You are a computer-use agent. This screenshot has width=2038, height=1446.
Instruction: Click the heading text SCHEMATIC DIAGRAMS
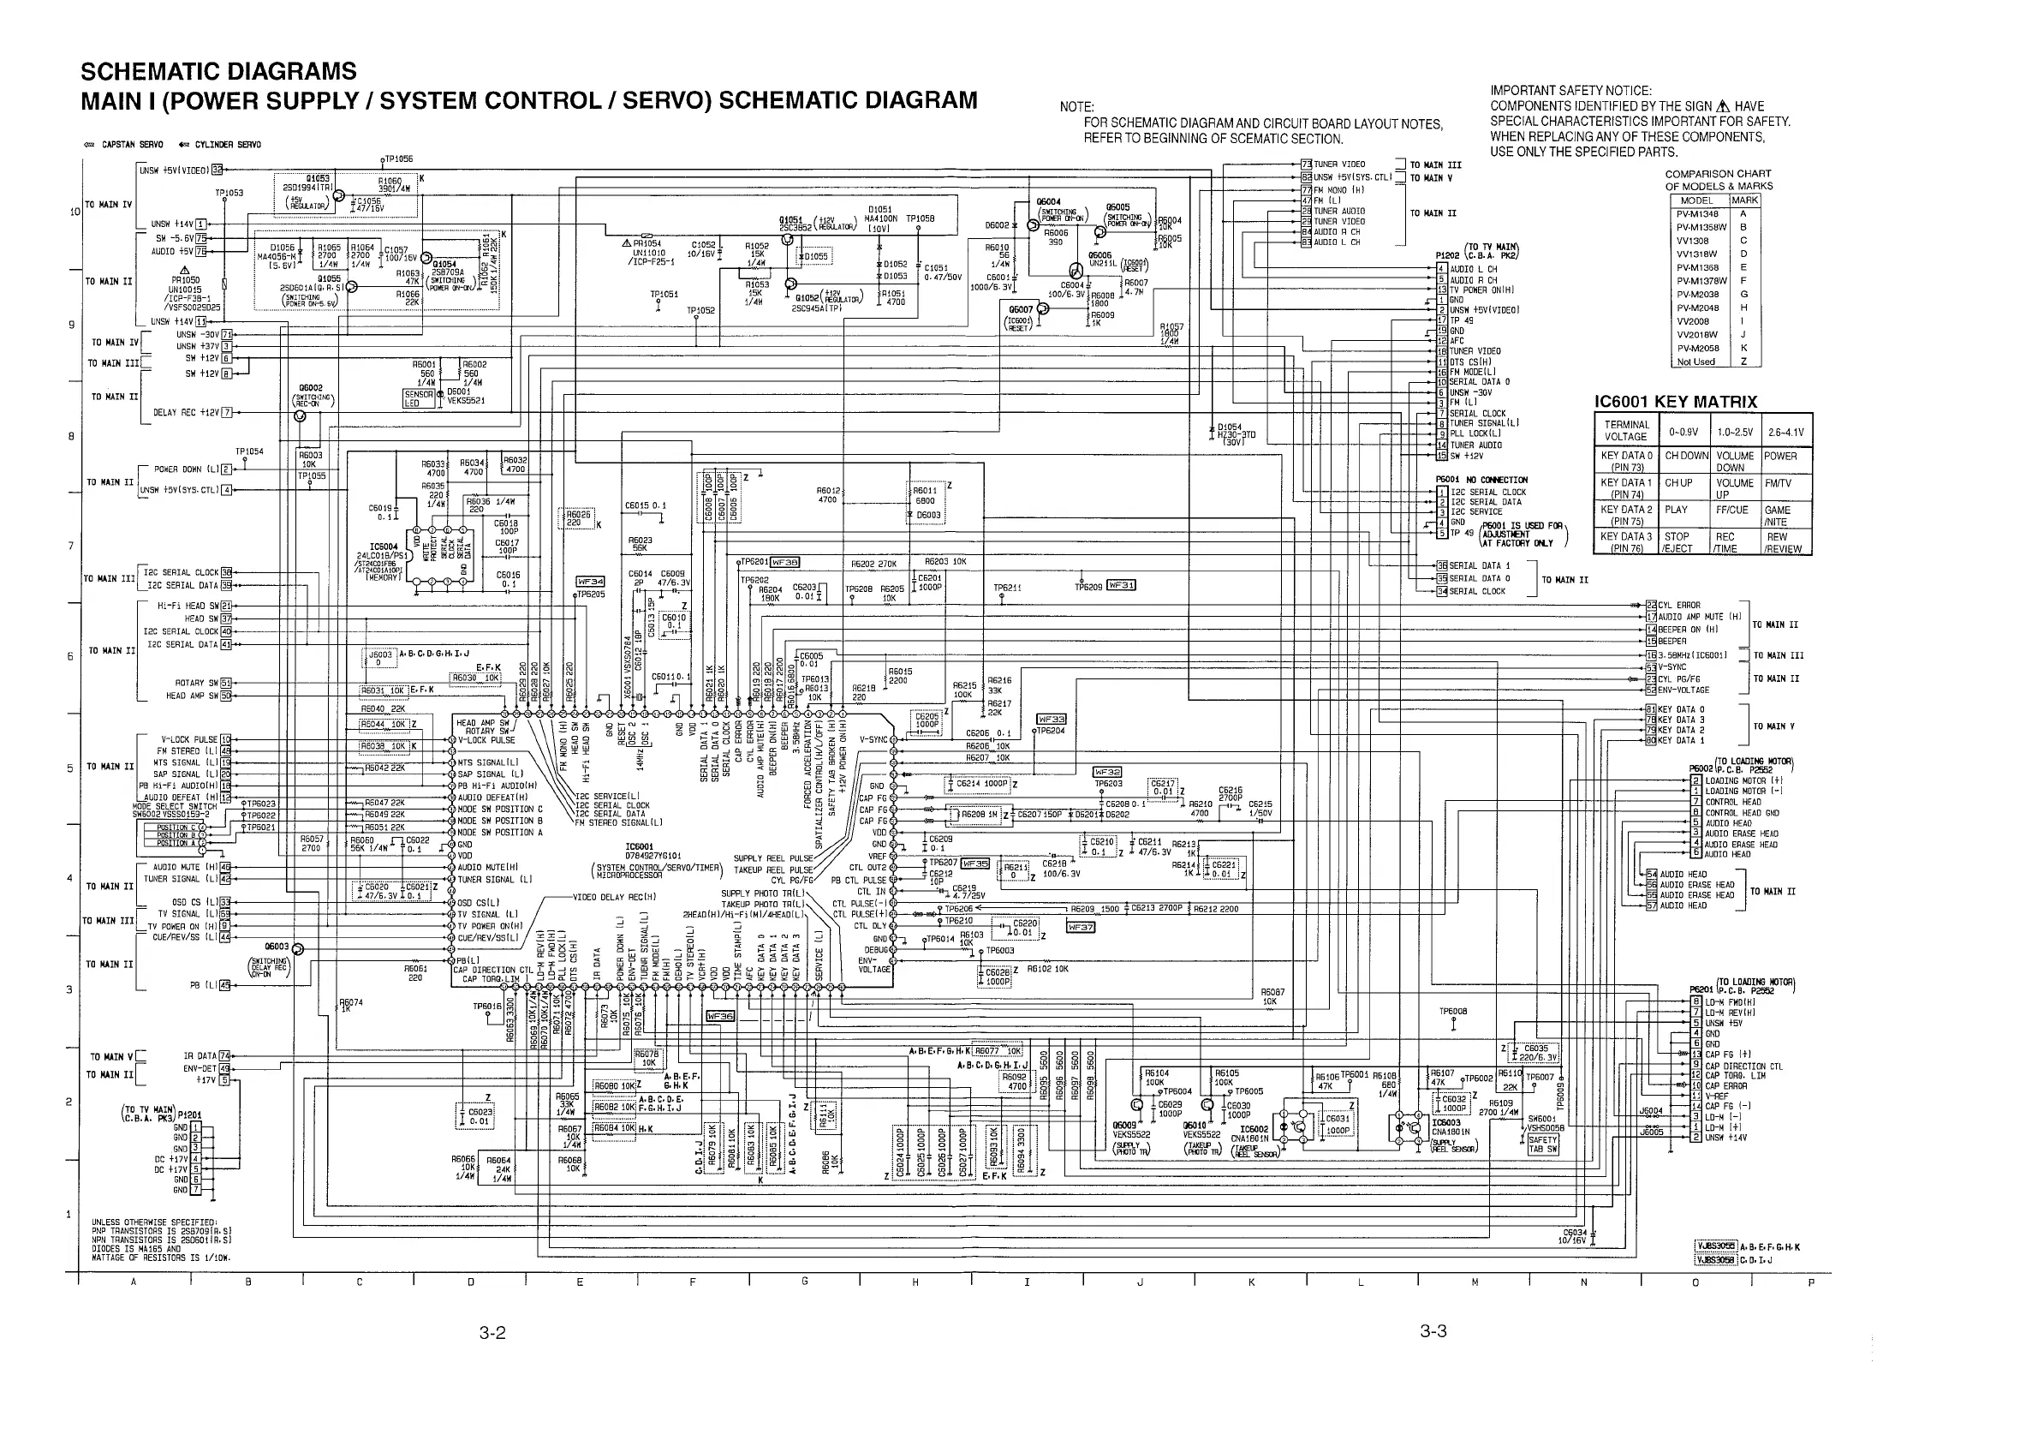218,71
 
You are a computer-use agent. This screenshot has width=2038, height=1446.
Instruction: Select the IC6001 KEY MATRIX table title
1676,402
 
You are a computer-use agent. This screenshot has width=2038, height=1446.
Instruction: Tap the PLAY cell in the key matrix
1677,511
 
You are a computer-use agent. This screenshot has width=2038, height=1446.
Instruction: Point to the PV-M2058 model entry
1698,348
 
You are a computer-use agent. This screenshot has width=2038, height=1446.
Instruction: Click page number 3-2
492,1333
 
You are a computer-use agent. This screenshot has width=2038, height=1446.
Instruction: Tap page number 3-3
1433,1331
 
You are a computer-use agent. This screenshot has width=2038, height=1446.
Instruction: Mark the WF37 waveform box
1081,927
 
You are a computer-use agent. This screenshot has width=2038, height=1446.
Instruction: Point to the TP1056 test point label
398,158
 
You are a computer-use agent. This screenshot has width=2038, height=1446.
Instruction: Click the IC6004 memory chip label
384,547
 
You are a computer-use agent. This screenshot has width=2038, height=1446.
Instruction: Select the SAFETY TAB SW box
1543,1144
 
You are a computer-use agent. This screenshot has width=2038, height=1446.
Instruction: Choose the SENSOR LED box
420,398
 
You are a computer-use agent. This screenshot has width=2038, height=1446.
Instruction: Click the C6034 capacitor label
1575,1234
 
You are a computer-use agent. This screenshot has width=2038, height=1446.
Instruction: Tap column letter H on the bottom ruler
915,1282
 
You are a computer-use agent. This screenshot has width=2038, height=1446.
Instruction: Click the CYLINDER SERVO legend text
228,144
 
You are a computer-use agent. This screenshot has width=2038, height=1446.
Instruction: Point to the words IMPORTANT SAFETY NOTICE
1570,90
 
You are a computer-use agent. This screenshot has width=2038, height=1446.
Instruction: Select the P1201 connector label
189,1114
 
